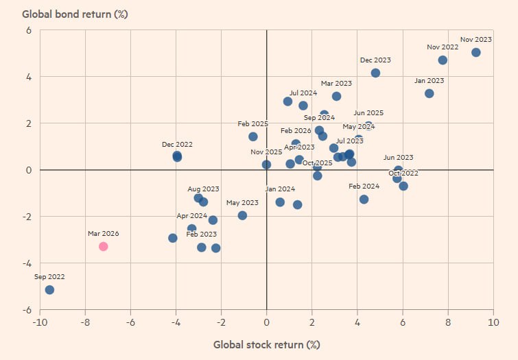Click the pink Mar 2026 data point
(x=103, y=246)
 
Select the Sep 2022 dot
(x=49, y=290)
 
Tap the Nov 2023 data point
(x=476, y=53)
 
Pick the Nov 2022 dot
(x=443, y=60)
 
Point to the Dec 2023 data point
(x=375, y=73)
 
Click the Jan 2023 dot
(x=429, y=93)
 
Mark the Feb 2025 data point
(x=253, y=136)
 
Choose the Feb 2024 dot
(x=364, y=200)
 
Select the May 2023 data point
(x=242, y=215)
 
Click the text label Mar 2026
(x=103, y=234)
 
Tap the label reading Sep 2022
(x=49, y=277)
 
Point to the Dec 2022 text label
(x=177, y=145)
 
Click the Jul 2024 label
(x=303, y=93)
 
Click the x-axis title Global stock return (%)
(x=266, y=344)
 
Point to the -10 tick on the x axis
(x=39, y=323)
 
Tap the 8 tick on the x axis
(x=448, y=323)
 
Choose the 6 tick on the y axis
(x=29, y=30)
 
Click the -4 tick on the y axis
(x=26, y=263)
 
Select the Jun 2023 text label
(x=398, y=158)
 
